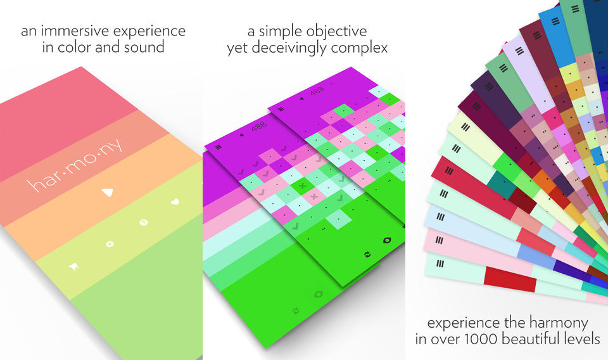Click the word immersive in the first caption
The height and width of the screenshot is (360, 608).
pos(75,30)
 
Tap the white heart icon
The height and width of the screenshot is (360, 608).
pos(175,202)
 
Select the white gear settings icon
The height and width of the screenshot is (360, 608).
pos(110,243)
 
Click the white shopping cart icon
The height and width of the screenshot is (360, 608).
pos(73,266)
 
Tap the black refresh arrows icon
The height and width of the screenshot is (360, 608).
pos(367,255)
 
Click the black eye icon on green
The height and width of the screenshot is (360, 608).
pos(386,240)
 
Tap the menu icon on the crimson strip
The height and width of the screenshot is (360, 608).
pos(448,170)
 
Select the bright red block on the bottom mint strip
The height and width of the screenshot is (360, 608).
pos(509,280)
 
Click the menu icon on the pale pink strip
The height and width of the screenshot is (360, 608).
pos(439,240)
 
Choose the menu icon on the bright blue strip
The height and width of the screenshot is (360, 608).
pos(555,21)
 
